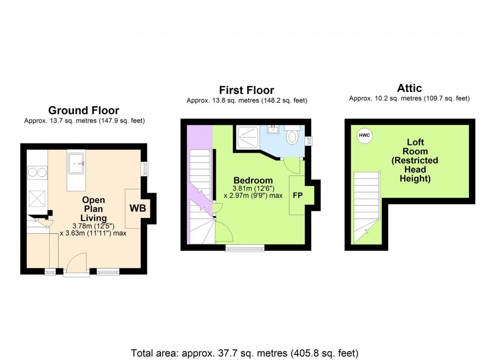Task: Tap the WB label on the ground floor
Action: coord(137,208)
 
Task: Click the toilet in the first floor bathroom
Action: coord(293,136)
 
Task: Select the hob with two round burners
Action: coord(37,171)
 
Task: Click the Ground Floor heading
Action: coord(84,110)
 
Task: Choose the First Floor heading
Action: coord(246,91)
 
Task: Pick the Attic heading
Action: coord(409,88)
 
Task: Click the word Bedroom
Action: coord(253,181)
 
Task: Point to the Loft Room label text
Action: coord(415,160)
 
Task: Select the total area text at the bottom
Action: coord(245,352)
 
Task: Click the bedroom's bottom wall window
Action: coord(245,248)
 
